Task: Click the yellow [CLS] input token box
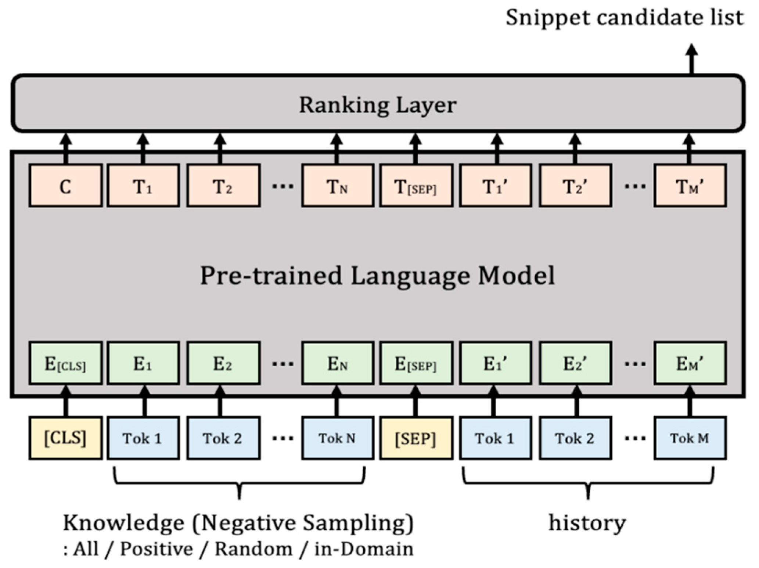coord(65,438)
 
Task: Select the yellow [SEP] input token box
coord(416,438)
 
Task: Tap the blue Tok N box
coord(337,438)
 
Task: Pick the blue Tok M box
coord(690,438)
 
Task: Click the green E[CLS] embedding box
coord(65,363)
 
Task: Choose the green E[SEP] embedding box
coord(416,363)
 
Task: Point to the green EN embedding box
coord(337,363)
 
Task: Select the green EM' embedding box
coord(690,363)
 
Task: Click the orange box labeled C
coord(65,186)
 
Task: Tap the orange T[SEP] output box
coord(416,186)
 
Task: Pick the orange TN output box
coord(337,186)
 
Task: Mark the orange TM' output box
coord(690,186)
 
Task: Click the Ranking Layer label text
coord(377,105)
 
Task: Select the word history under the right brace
coord(587,522)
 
